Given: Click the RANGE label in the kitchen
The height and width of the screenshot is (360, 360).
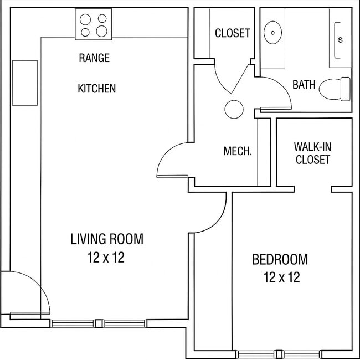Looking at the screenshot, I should click(94, 58).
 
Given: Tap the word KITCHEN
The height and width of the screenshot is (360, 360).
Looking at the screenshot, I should click(96, 88).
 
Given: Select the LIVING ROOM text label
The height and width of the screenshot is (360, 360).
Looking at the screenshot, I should click(106, 239).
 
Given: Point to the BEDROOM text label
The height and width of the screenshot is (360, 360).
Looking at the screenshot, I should click(280, 259).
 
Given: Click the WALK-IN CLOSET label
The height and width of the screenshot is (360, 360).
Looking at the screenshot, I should click(312, 153).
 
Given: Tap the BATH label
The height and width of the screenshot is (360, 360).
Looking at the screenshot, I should click(304, 85).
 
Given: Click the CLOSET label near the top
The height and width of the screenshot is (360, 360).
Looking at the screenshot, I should click(232, 33).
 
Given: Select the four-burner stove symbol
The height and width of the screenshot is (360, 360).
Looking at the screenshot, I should click(94, 25).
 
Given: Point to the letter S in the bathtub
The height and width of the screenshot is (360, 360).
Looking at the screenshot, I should click(340, 40).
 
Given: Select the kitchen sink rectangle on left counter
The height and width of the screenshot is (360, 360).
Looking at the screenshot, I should click(24, 83).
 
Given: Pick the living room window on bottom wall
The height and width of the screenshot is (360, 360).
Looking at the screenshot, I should click(99, 323).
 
